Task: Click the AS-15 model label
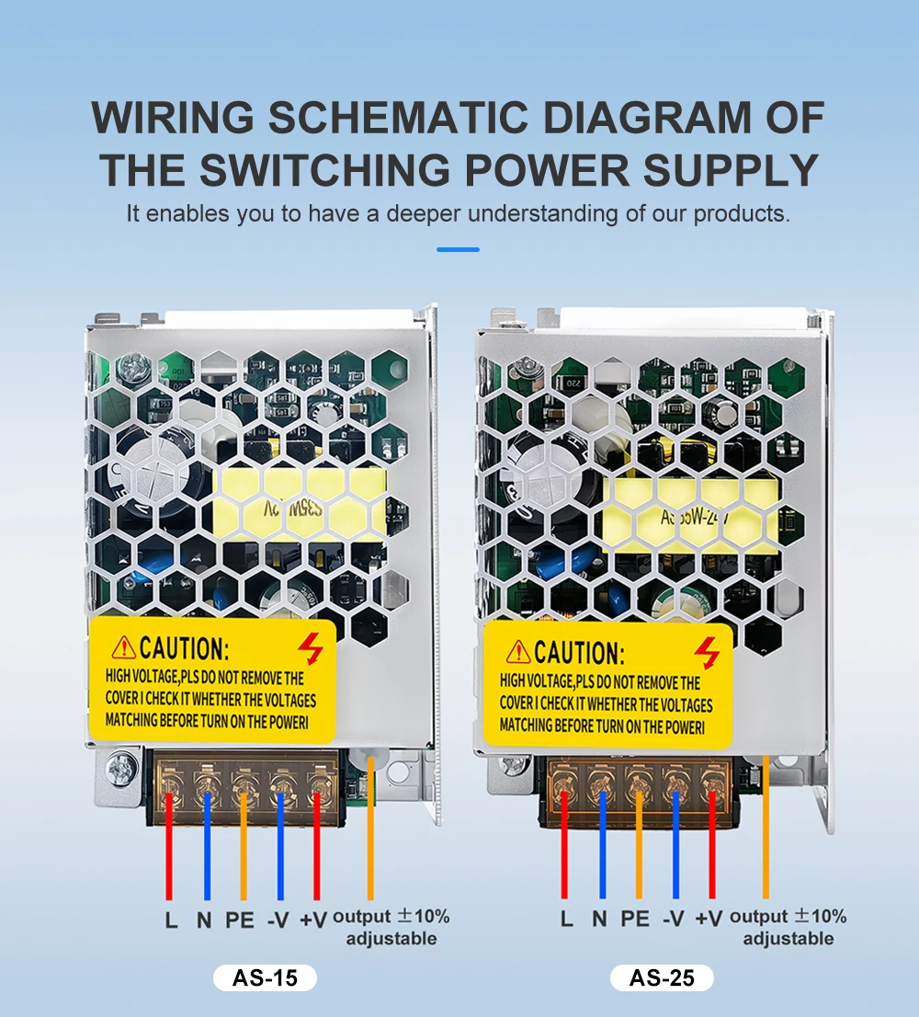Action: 265,977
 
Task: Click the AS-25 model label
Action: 662,977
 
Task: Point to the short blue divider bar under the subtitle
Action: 458,248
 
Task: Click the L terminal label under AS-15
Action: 171,919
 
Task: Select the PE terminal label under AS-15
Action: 239,919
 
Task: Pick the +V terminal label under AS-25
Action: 709,917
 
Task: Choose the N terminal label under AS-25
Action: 599,917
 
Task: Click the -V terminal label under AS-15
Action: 278,919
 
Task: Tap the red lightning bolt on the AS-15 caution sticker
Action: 312,649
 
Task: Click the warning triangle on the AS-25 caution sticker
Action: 519,653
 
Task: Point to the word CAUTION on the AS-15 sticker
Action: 184,648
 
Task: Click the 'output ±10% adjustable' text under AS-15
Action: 391,927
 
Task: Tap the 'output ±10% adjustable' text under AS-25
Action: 788,927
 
